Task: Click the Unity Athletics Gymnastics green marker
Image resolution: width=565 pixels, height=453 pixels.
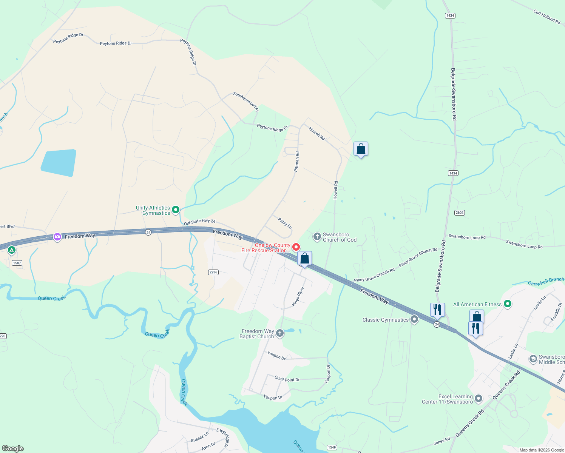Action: pyautogui.click(x=175, y=210)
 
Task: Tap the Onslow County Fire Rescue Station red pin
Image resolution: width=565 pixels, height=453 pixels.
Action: pyautogui.click(x=296, y=247)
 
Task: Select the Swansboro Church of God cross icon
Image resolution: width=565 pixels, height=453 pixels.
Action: pyautogui.click(x=317, y=237)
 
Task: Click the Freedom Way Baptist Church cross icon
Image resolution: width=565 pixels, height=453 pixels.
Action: pyautogui.click(x=280, y=333)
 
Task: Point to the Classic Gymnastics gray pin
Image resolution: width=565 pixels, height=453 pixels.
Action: pyautogui.click(x=414, y=319)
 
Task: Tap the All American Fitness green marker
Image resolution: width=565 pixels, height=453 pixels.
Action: pyautogui.click(x=508, y=304)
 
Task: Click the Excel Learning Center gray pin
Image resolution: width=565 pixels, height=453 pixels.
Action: pyautogui.click(x=479, y=398)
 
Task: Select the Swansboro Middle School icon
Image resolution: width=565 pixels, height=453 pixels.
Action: pyautogui.click(x=533, y=359)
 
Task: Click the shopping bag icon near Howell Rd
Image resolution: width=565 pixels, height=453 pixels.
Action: pyautogui.click(x=361, y=149)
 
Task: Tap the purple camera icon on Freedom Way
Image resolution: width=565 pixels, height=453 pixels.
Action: pyautogui.click(x=57, y=237)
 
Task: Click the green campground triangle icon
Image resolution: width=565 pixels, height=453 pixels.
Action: pyautogui.click(x=12, y=250)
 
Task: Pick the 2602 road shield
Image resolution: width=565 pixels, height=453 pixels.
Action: pyautogui.click(x=459, y=213)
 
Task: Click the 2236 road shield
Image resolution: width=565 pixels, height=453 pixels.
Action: pyautogui.click(x=213, y=272)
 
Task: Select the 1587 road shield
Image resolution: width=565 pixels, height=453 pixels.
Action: pyautogui.click(x=17, y=263)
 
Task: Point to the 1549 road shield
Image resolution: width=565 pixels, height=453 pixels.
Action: pyautogui.click(x=332, y=447)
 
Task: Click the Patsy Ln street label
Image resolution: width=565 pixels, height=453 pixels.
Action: pyautogui.click(x=285, y=223)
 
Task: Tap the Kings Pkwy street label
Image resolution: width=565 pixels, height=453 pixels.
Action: pyautogui.click(x=298, y=297)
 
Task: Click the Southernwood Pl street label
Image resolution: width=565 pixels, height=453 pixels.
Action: pyautogui.click(x=246, y=102)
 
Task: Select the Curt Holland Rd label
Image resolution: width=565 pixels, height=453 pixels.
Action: pyautogui.click(x=546, y=17)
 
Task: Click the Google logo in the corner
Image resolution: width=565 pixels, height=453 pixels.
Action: pyautogui.click(x=13, y=448)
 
